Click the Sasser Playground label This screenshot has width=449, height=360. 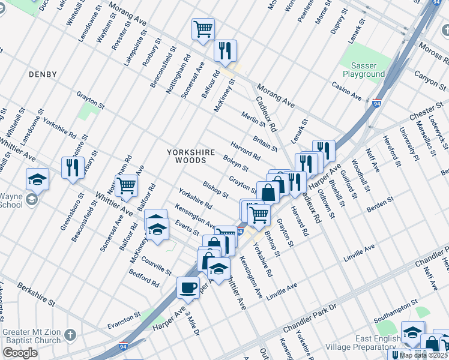(364, 70)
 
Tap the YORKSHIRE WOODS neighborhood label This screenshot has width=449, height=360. (191, 157)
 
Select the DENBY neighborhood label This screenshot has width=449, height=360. (42, 74)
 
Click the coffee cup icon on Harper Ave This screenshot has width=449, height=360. (188, 287)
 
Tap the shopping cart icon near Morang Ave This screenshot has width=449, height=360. (203, 28)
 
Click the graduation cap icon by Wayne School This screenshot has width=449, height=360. (37, 179)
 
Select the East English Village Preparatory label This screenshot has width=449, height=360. (363, 343)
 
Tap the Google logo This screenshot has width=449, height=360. (20, 353)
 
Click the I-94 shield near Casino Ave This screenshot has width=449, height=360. (377, 103)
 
